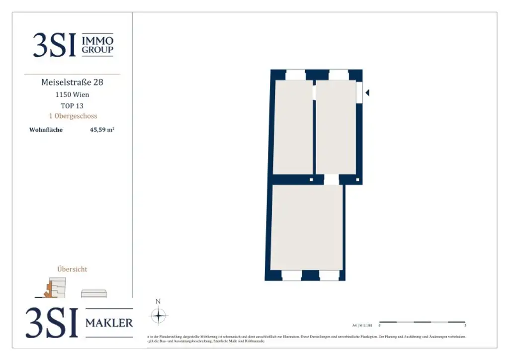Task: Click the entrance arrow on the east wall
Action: [367, 92]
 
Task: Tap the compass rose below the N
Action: [158, 316]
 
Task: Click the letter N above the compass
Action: [158, 301]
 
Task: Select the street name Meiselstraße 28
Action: [72, 82]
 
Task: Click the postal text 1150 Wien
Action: [72, 94]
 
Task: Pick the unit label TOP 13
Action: [72, 105]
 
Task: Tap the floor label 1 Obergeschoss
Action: [73, 116]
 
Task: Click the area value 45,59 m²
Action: [102, 130]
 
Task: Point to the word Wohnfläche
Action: [46, 130]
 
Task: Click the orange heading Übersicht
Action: [72, 269]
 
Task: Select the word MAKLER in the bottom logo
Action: [109, 323]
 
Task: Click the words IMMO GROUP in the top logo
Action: [97, 45]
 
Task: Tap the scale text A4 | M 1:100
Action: [362, 325]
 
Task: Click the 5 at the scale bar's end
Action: [465, 326]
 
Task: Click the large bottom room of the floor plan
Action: [307, 227]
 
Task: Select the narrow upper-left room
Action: [293, 127]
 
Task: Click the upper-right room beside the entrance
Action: [336, 127]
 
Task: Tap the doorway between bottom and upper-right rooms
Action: [332, 180]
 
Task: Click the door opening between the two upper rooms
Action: [314, 92]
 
